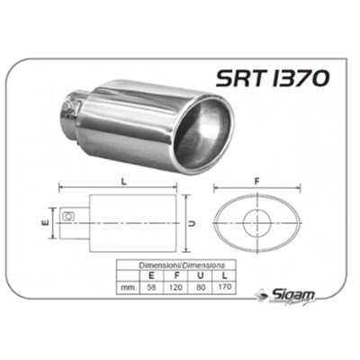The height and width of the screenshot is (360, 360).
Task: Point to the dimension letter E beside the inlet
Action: pos(44,216)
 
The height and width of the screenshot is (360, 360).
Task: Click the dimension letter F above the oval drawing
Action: pos(256,180)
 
